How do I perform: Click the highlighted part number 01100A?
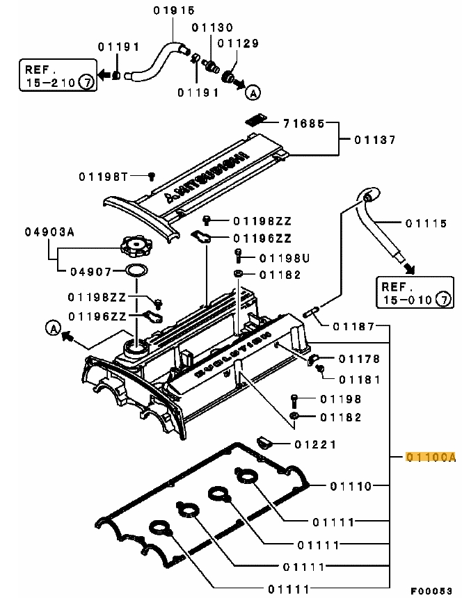[x=431, y=457]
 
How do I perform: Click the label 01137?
[x=375, y=140]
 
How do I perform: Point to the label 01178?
[x=359, y=359]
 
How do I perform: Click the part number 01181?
[x=359, y=380]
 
